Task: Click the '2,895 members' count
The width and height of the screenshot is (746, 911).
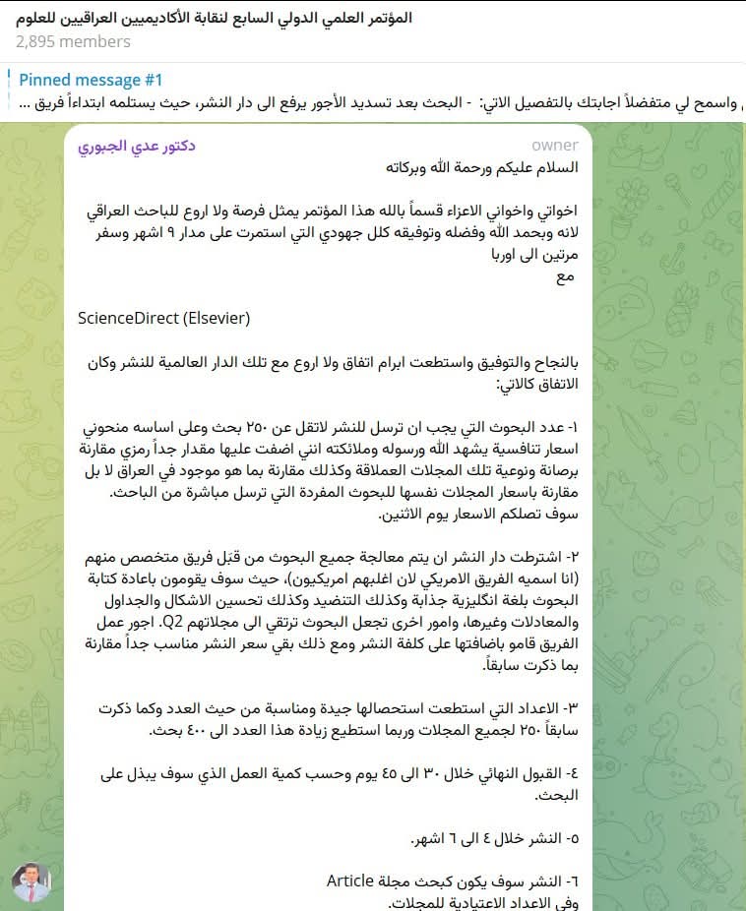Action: point(73,42)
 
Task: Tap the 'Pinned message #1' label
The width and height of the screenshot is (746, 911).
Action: point(91,81)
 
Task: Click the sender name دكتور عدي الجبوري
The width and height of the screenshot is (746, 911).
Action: point(137,146)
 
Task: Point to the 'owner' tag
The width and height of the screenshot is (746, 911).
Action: point(555,146)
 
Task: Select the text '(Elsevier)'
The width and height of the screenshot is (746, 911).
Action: point(215,319)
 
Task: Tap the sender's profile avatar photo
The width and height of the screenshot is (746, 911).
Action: point(31,883)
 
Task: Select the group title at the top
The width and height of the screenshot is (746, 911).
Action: point(213,18)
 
